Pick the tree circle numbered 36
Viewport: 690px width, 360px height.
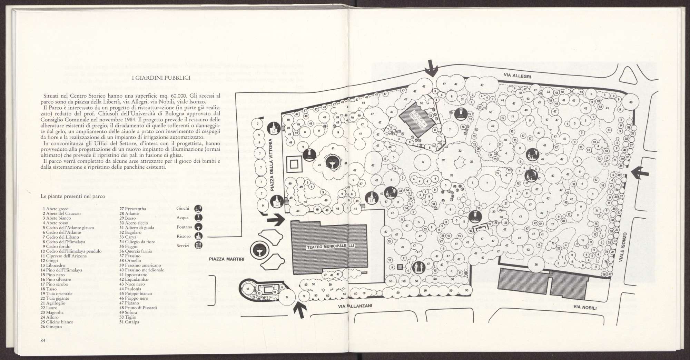[x=536, y=265]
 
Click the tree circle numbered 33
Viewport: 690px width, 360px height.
[x=548, y=92]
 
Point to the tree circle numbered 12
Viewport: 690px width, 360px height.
[x=248, y=289]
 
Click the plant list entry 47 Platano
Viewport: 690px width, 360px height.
[x=129, y=303]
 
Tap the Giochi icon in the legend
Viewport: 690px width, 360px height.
[x=198, y=209]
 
